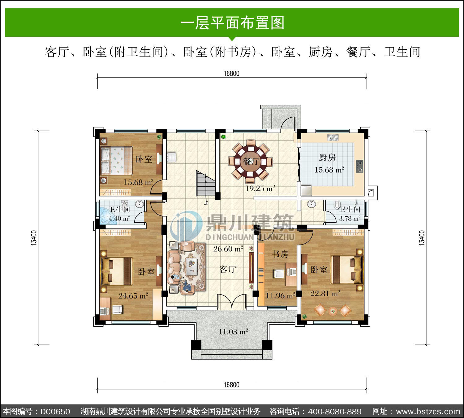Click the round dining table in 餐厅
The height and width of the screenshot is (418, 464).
[251, 161]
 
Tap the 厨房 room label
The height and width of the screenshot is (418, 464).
[327, 158]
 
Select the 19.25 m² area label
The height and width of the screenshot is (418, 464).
[260, 188]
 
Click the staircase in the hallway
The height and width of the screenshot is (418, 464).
[206, 184]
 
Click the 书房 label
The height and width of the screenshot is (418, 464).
[280, 254]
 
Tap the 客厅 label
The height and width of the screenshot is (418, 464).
[228, 269]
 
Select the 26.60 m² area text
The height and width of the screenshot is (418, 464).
[228, 249]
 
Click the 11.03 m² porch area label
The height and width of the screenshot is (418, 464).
[233, 332]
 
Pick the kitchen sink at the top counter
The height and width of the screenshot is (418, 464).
[333, 138]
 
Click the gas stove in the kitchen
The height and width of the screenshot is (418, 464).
[359, 166]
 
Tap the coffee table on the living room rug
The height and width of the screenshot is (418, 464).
[192, 266]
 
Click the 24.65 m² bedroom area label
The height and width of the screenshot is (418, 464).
[133, 296]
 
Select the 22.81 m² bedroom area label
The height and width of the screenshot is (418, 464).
[325, 294]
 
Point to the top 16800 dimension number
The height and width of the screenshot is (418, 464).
[232, 73]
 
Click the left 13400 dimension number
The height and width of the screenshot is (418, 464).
[34, 238]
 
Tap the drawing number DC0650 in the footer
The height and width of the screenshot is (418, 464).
[55, 411]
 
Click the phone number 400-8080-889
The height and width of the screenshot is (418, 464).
[335, 411]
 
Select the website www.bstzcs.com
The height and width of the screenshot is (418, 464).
[428, 411]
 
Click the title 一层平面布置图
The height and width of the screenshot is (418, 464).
[232, 23]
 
